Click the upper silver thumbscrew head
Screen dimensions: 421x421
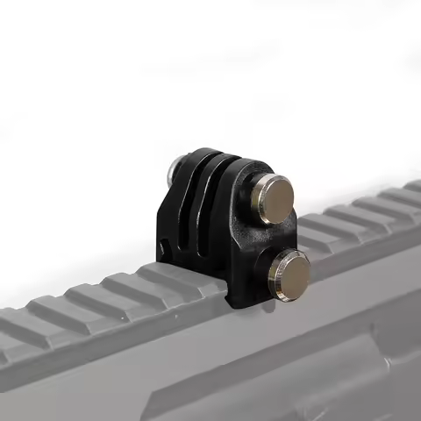pyautogui.click(x=274, y=198)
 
